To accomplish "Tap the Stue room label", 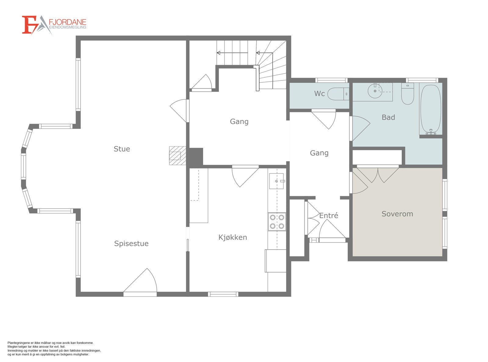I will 122,149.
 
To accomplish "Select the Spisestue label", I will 131,243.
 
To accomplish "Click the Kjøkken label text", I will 232,237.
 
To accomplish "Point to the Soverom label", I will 397,214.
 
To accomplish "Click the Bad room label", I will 388,117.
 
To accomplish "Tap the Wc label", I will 319,94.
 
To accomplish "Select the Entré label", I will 328,216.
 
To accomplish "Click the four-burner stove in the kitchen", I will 277,222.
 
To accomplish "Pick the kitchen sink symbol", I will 277,181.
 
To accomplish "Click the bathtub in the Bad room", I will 431,109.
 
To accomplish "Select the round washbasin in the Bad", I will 375,90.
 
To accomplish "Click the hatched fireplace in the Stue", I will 178,155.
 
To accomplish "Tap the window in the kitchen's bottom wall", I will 223,294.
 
